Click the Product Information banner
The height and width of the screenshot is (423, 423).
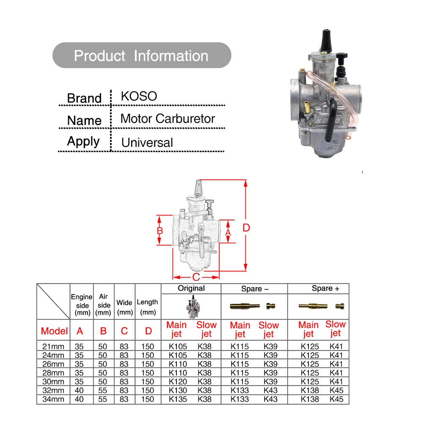142,55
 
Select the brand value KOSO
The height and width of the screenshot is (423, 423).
139,96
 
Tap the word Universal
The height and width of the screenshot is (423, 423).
147,143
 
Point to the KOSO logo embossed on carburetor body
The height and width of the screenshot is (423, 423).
328,120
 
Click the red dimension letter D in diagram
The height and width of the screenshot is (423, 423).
246,228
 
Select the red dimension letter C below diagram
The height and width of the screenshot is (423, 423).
196,277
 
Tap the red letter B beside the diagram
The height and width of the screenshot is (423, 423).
160,231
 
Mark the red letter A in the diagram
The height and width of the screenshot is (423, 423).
228,233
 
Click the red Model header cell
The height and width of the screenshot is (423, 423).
54,331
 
